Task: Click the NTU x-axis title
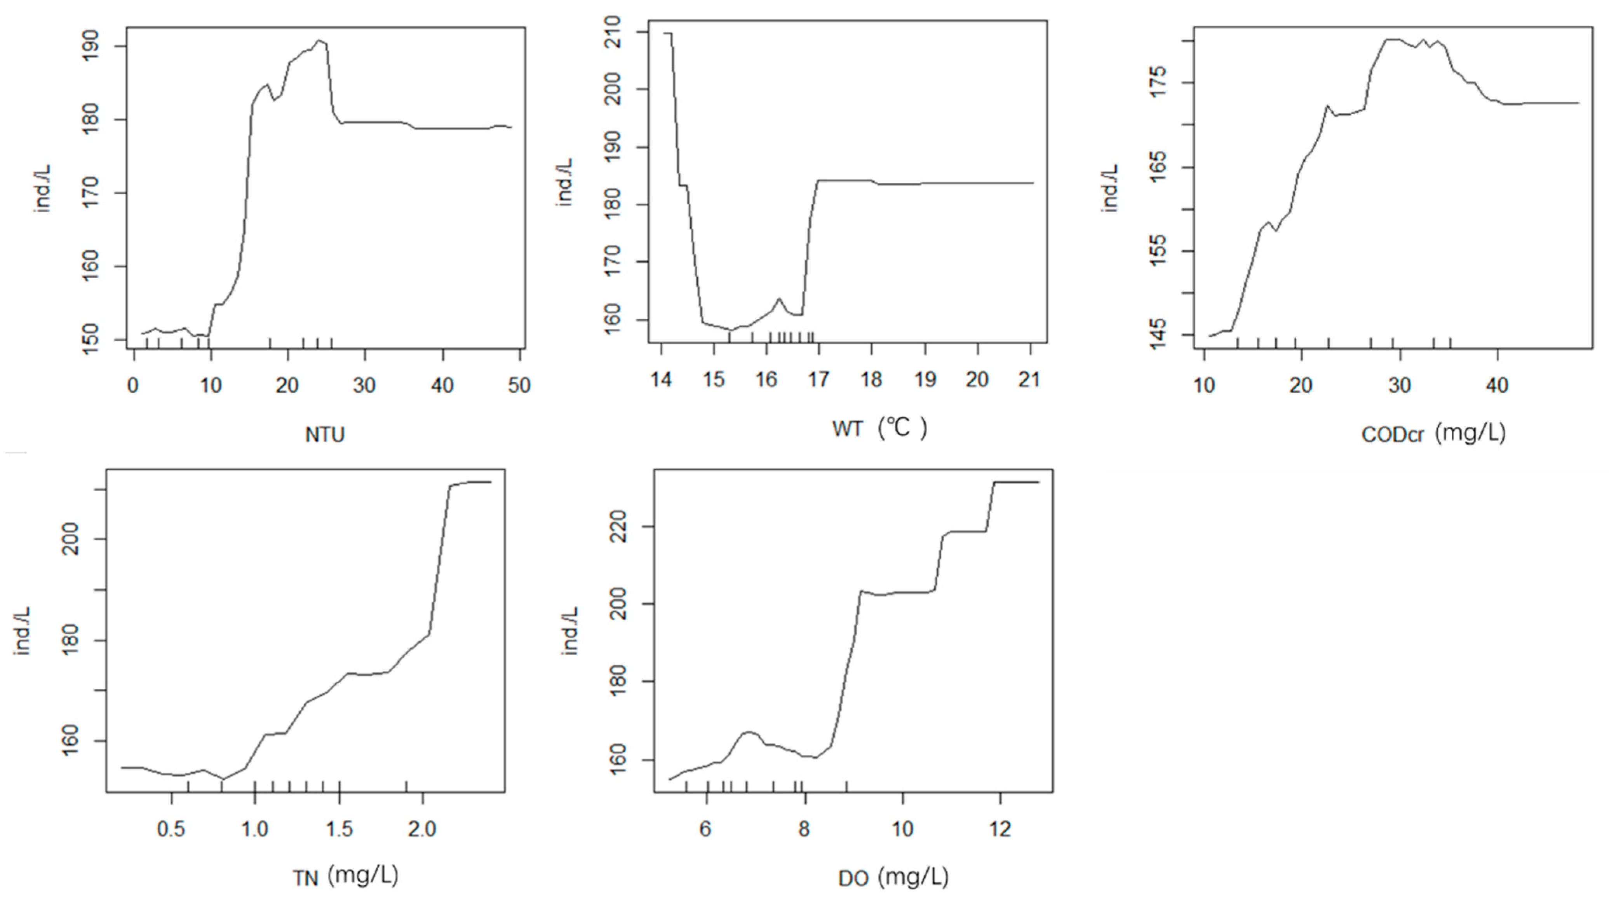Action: (325, 434)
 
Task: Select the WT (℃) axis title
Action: (879, 429)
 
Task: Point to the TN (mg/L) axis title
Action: (345, 876)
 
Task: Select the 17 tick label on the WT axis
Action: (818, 379)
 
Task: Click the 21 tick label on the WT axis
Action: (1029, 379)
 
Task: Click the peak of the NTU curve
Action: (319, 40)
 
